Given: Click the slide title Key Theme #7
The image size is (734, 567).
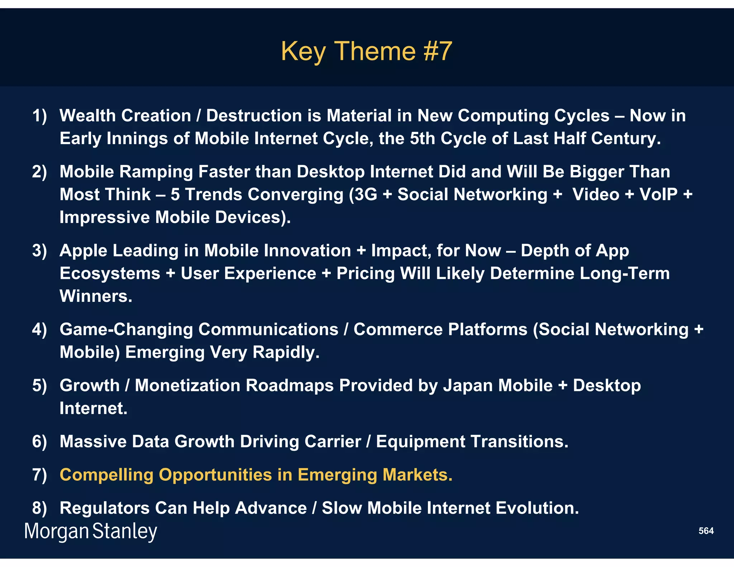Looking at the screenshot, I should pyautogui.click(x=366, y=51).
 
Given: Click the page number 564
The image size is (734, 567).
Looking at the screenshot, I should pyautogui.click(x=706, y=531).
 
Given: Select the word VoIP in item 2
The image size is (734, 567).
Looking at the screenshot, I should pyautogui.click(x=658, y=195).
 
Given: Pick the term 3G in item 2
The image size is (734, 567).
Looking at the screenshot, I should pyautogui.click(x=366, y=195).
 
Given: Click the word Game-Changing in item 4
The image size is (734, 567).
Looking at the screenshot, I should pyautogui.click(x=126, y=330).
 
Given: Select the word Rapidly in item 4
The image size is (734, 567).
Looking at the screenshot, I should pyautogui.click(x=286, y=352).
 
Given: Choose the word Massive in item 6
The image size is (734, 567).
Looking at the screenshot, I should pyautogui.click(x=93, y=442).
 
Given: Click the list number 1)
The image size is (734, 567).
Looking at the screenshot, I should pyautogui.click(x=39, y=116).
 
